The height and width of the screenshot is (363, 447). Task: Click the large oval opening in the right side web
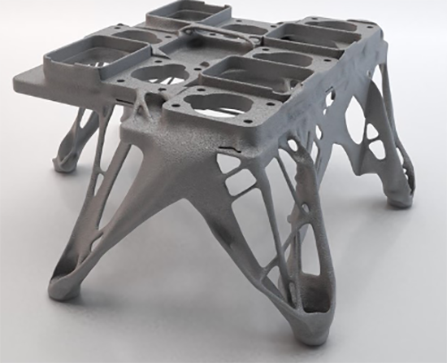(358, 122)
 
